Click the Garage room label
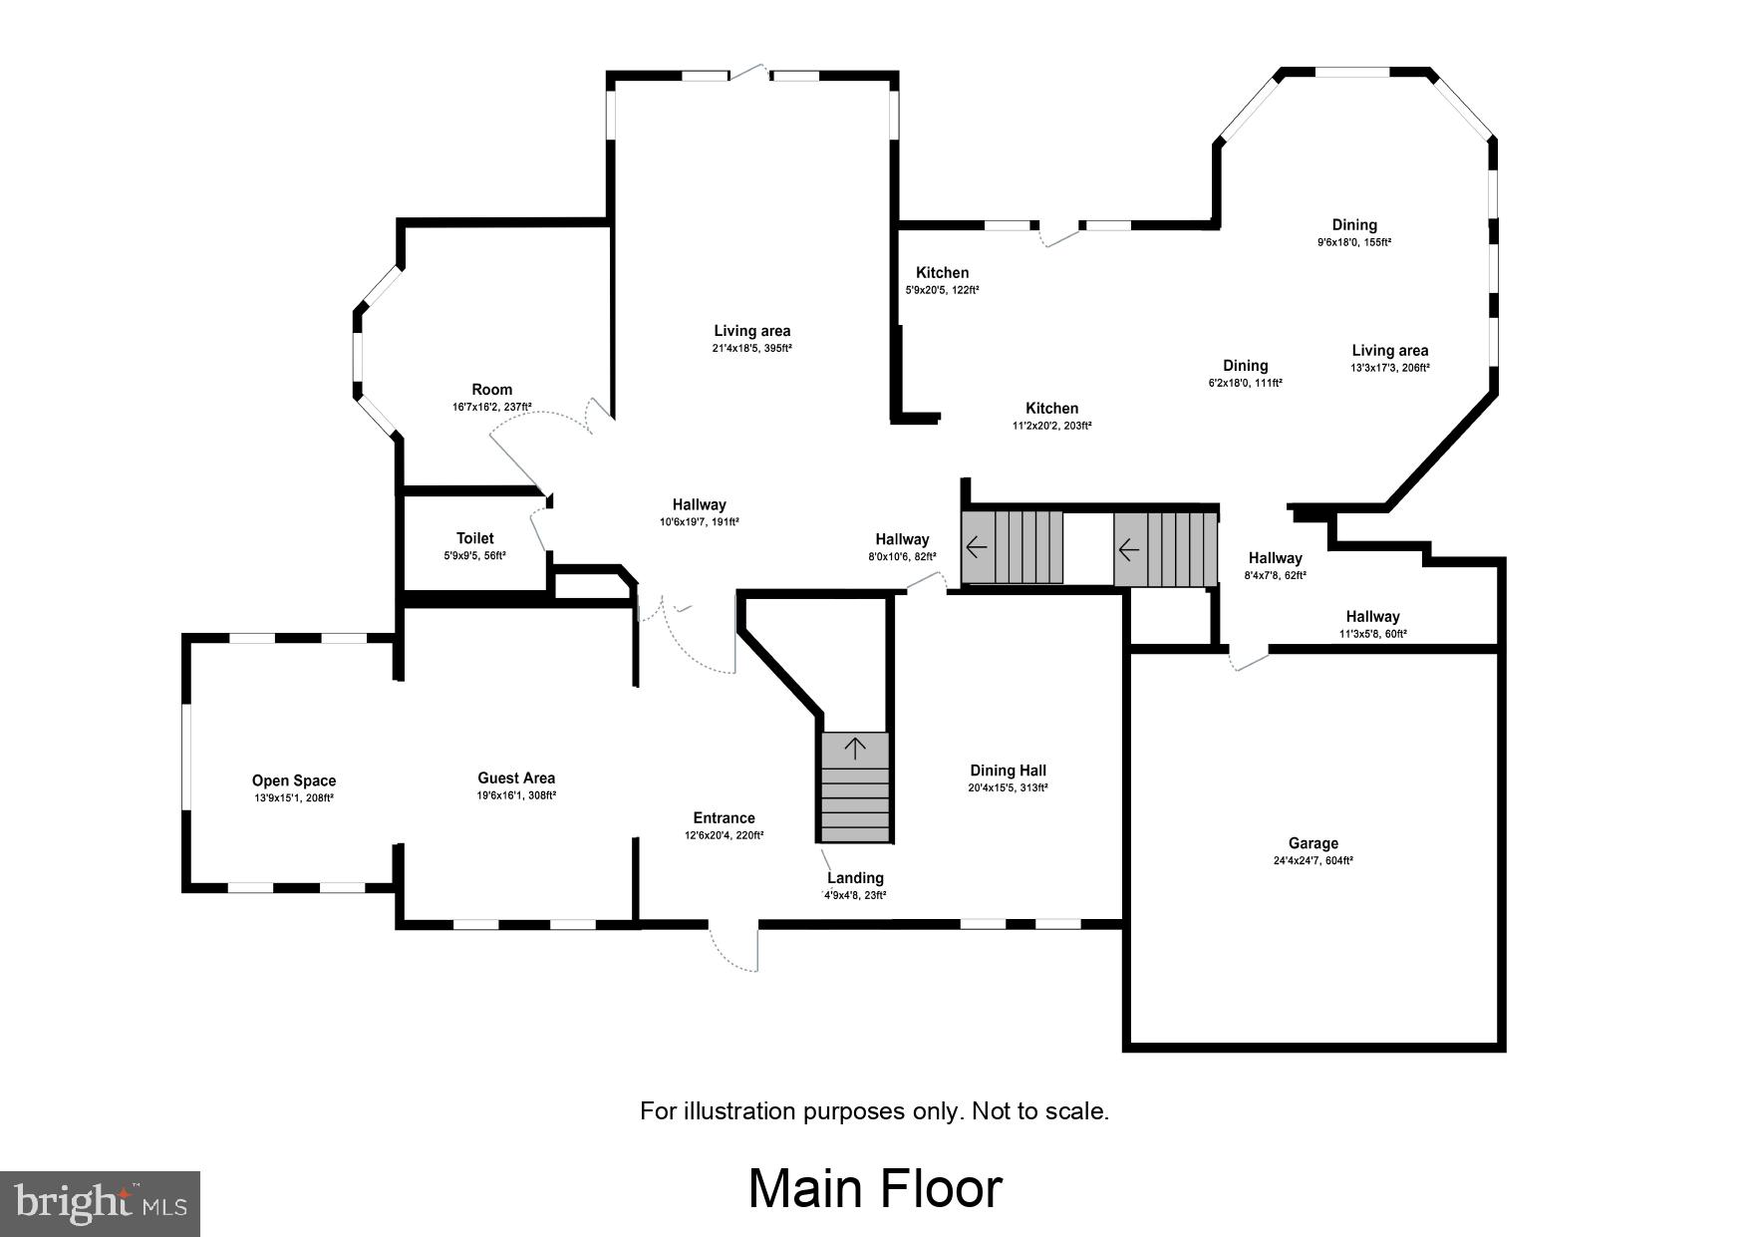tap(1312, 843)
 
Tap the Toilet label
tap(474, 538)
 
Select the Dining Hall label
tap(1008, 771)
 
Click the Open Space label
tap(293, 780)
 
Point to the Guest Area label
tap(516, 778)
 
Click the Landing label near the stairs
tap(855, 878)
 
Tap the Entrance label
tap(724, 818)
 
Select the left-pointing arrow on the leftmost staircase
tap(977, 547)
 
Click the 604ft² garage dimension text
tap(1312, 861)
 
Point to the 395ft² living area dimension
tap(752, 349)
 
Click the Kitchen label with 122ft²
tap(942, 272)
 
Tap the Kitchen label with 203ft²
tap(1051, 408)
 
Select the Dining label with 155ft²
tap(1354, 225)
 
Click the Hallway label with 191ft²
tap(699, 504)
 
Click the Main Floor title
tap(875, 1189)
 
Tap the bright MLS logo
tap(101, 1203)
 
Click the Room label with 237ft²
tap(491, 390)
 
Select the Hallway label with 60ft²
tap(1372, 617)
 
